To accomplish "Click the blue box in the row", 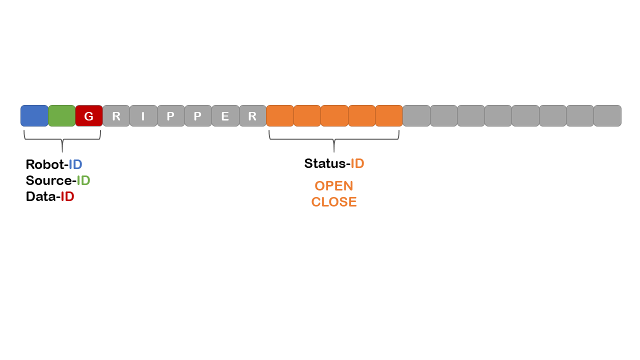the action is pyautogui.click(x=34, y=116).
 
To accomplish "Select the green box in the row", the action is pyautogui.click(x=61, y=116).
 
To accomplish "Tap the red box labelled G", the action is pyautogui.click(x=89, y=116).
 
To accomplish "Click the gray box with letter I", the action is pyautogui.click(x=143, y=116).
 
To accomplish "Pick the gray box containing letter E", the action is pyautogui.click(x=225, y=116).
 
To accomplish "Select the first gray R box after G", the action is pyautogui.click(x=116, y=116).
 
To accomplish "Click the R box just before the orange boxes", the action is pyautogui.click(x=252, y=116).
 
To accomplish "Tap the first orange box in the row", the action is pyautogui.click(x=279, y=116).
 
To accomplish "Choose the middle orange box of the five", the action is pyautogui.click(x=334, y=116).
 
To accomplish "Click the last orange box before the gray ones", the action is pyautogui.click(x=389, y=116).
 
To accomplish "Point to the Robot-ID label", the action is pyautogui.click(x=54, y=164).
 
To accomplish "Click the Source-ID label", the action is pyautogui.click(x=58, y=180).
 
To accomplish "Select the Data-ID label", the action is pyautogui.click(x=50, y=196).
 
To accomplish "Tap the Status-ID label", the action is pyautogui.click(x=334, y=163).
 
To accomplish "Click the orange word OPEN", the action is pyautogui.click(x=334, y=186).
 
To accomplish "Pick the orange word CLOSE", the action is pyautogui.click(x=334, y=202).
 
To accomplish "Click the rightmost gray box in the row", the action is pyautogui.click(x=607, y=116).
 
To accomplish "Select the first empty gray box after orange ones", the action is pyautogui.click(x=416, y=116).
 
